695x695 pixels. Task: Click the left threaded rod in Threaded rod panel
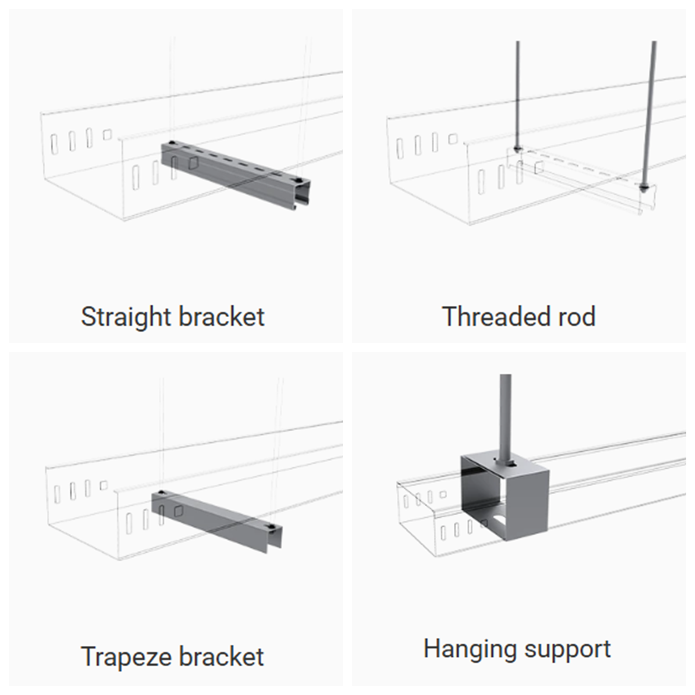click(x=517, y=94)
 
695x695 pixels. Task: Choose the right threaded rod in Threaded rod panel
click(x=649, y=108)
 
